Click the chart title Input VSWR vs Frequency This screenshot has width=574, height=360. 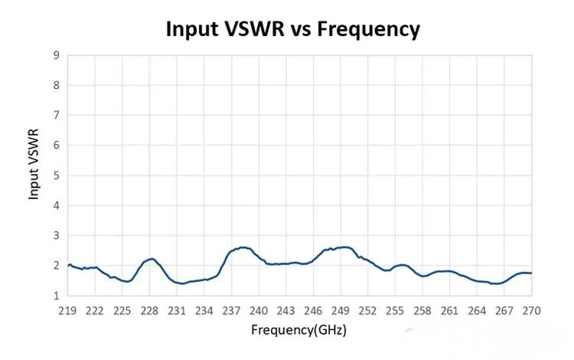point(293,29)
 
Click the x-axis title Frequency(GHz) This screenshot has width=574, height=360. point(299,330)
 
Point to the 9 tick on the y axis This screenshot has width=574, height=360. point(57,55)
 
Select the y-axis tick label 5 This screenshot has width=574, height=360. point(57,175)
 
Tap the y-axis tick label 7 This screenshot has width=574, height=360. point(57,116)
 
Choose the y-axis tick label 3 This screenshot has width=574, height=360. point(57,235)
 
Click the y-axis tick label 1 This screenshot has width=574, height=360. point(57,296)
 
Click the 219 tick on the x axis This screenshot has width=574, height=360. point(67,310)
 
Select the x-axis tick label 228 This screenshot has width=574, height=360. point(149,310)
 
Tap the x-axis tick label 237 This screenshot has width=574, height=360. point(231,310)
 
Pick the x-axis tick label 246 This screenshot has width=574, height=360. point(313,310)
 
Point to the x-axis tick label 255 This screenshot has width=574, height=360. point(395,310)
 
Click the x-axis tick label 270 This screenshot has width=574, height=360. point(531,310)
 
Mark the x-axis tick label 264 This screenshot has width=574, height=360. point(477,310)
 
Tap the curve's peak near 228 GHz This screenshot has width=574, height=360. point(152,259)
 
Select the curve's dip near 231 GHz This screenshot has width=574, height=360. point(181,284)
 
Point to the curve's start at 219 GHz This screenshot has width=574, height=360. point(68,266)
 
